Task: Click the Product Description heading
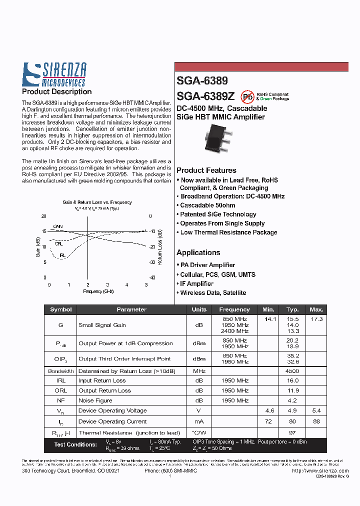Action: [x=57, y=92]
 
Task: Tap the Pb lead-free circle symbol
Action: [x=247, y=96]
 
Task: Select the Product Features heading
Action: [x=206, y=170]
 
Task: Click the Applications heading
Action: [x=198, y=252]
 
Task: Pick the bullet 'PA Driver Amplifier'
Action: [x=207, y=265]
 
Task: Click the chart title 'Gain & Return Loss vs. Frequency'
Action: [x=97, y=202]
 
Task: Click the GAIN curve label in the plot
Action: [x=58, y=227]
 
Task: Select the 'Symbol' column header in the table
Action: [x=61, y=309]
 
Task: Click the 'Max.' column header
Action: [x=316, y=309]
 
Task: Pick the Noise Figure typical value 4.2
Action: [x=292, y=400]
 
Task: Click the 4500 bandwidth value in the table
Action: [x=292, y=371]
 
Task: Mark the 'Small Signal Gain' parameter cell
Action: [x=102, y=325]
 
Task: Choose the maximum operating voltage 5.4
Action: [x=316, y=410]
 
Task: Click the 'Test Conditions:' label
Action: [x=75, y=444]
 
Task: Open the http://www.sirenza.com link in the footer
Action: [x=320, y=471]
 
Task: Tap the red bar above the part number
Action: [x=261, y=67]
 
